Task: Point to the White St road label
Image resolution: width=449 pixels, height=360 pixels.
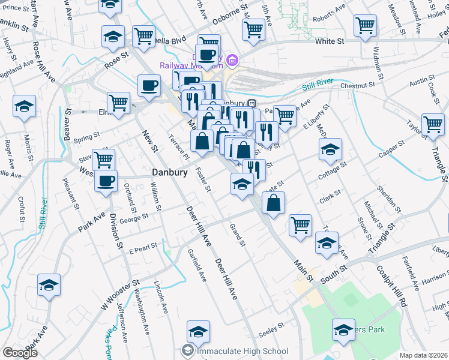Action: (329, 41)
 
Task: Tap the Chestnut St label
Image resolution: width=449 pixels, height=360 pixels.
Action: (361, 86)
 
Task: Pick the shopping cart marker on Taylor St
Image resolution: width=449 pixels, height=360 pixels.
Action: (432, 125)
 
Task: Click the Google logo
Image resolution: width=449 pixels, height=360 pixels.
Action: (20, 353)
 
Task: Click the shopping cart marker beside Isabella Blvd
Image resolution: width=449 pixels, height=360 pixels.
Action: (143, 36)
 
